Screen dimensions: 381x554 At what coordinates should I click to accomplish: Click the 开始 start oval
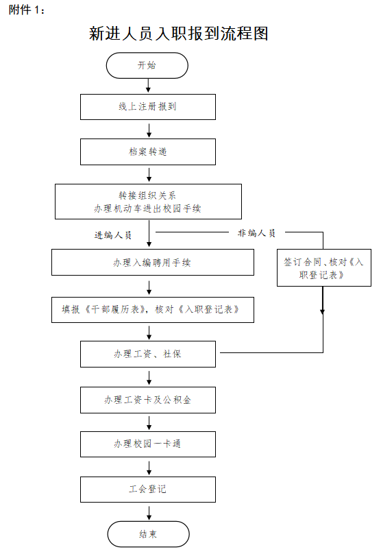coord(147,65)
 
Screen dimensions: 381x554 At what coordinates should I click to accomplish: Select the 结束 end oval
coord(148,534)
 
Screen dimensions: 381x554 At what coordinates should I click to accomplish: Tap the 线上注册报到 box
coord(148,107)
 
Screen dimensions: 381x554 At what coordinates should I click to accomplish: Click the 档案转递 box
coord(148,152)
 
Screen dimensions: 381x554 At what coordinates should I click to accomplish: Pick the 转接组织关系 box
coord(148,202)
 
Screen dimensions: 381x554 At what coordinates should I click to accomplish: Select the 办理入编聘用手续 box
coord(153,262)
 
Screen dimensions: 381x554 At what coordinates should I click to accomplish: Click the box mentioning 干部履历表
coord(153,310)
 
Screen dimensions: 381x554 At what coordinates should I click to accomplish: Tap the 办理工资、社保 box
coord(148,354)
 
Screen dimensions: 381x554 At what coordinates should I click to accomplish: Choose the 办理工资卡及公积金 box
coord(148,400)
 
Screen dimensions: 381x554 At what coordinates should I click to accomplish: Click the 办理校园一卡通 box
coord(148,444)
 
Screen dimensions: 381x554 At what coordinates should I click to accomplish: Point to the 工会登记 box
coord(148,490)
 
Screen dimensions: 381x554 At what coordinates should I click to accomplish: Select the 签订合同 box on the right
coord(324,267)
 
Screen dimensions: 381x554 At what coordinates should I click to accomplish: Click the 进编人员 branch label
coord(113,235)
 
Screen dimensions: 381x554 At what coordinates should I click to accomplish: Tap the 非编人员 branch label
coord(257,233)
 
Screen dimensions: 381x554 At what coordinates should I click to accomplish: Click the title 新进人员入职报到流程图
coord(179,34)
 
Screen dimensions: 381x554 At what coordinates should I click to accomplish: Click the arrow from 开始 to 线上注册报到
coord(148,86)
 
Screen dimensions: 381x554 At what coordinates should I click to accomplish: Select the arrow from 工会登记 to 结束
coord(149,513)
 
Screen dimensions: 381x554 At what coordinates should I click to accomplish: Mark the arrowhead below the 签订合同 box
coord(322,311)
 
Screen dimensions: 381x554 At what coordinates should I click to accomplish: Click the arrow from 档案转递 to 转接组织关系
coord(149,175)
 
